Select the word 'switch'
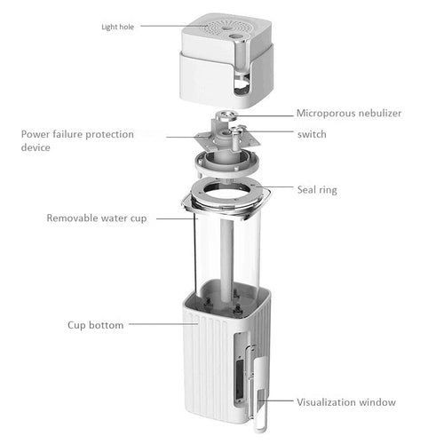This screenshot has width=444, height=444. point(312,133)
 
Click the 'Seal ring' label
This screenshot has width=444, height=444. point(316,189)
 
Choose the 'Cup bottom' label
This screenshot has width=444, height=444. point(95,325)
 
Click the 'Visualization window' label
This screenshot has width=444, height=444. point(346,402)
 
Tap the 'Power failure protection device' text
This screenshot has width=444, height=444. point(78,140)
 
